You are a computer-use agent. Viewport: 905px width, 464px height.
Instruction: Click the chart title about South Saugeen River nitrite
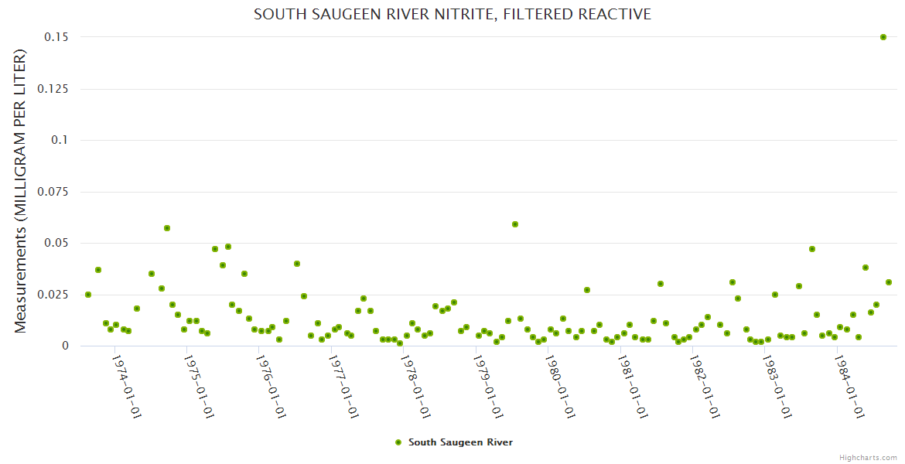point(452,14)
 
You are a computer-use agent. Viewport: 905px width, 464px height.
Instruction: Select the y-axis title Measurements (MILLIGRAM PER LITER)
point(21,192)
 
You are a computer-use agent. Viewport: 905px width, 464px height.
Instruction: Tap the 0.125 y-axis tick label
point(53,89)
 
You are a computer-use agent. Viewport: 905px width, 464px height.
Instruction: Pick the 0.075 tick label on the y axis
point(53,192)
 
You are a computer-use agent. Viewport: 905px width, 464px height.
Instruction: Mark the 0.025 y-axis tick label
point(53,295)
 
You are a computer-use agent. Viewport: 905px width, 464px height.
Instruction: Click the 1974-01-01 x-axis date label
point(126,387)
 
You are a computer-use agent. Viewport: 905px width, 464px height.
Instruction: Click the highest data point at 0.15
point(883,37)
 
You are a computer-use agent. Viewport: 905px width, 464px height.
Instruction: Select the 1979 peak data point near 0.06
point(515,224)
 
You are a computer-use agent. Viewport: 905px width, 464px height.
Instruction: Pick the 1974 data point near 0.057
point(167,228)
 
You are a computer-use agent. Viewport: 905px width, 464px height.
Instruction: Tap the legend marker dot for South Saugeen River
point(398,442)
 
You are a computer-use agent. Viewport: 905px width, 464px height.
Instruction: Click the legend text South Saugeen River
point(460,442)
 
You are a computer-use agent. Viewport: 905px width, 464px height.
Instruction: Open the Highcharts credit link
point(868,457)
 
